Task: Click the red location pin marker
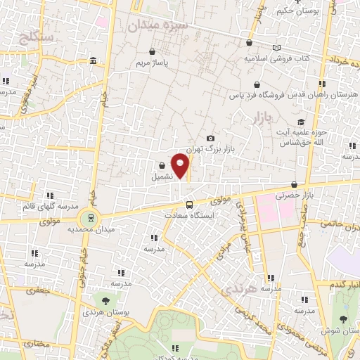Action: pos(181,166)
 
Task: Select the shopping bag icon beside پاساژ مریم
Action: pos(153,51)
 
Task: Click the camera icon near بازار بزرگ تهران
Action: pos(210,138)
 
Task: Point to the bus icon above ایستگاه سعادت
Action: pos(188,204)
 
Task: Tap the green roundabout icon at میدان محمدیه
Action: pos(89,217)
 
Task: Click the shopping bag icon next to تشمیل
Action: pos(162,166)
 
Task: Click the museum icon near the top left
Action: pos(94,63)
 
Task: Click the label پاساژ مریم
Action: pos(153,63)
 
